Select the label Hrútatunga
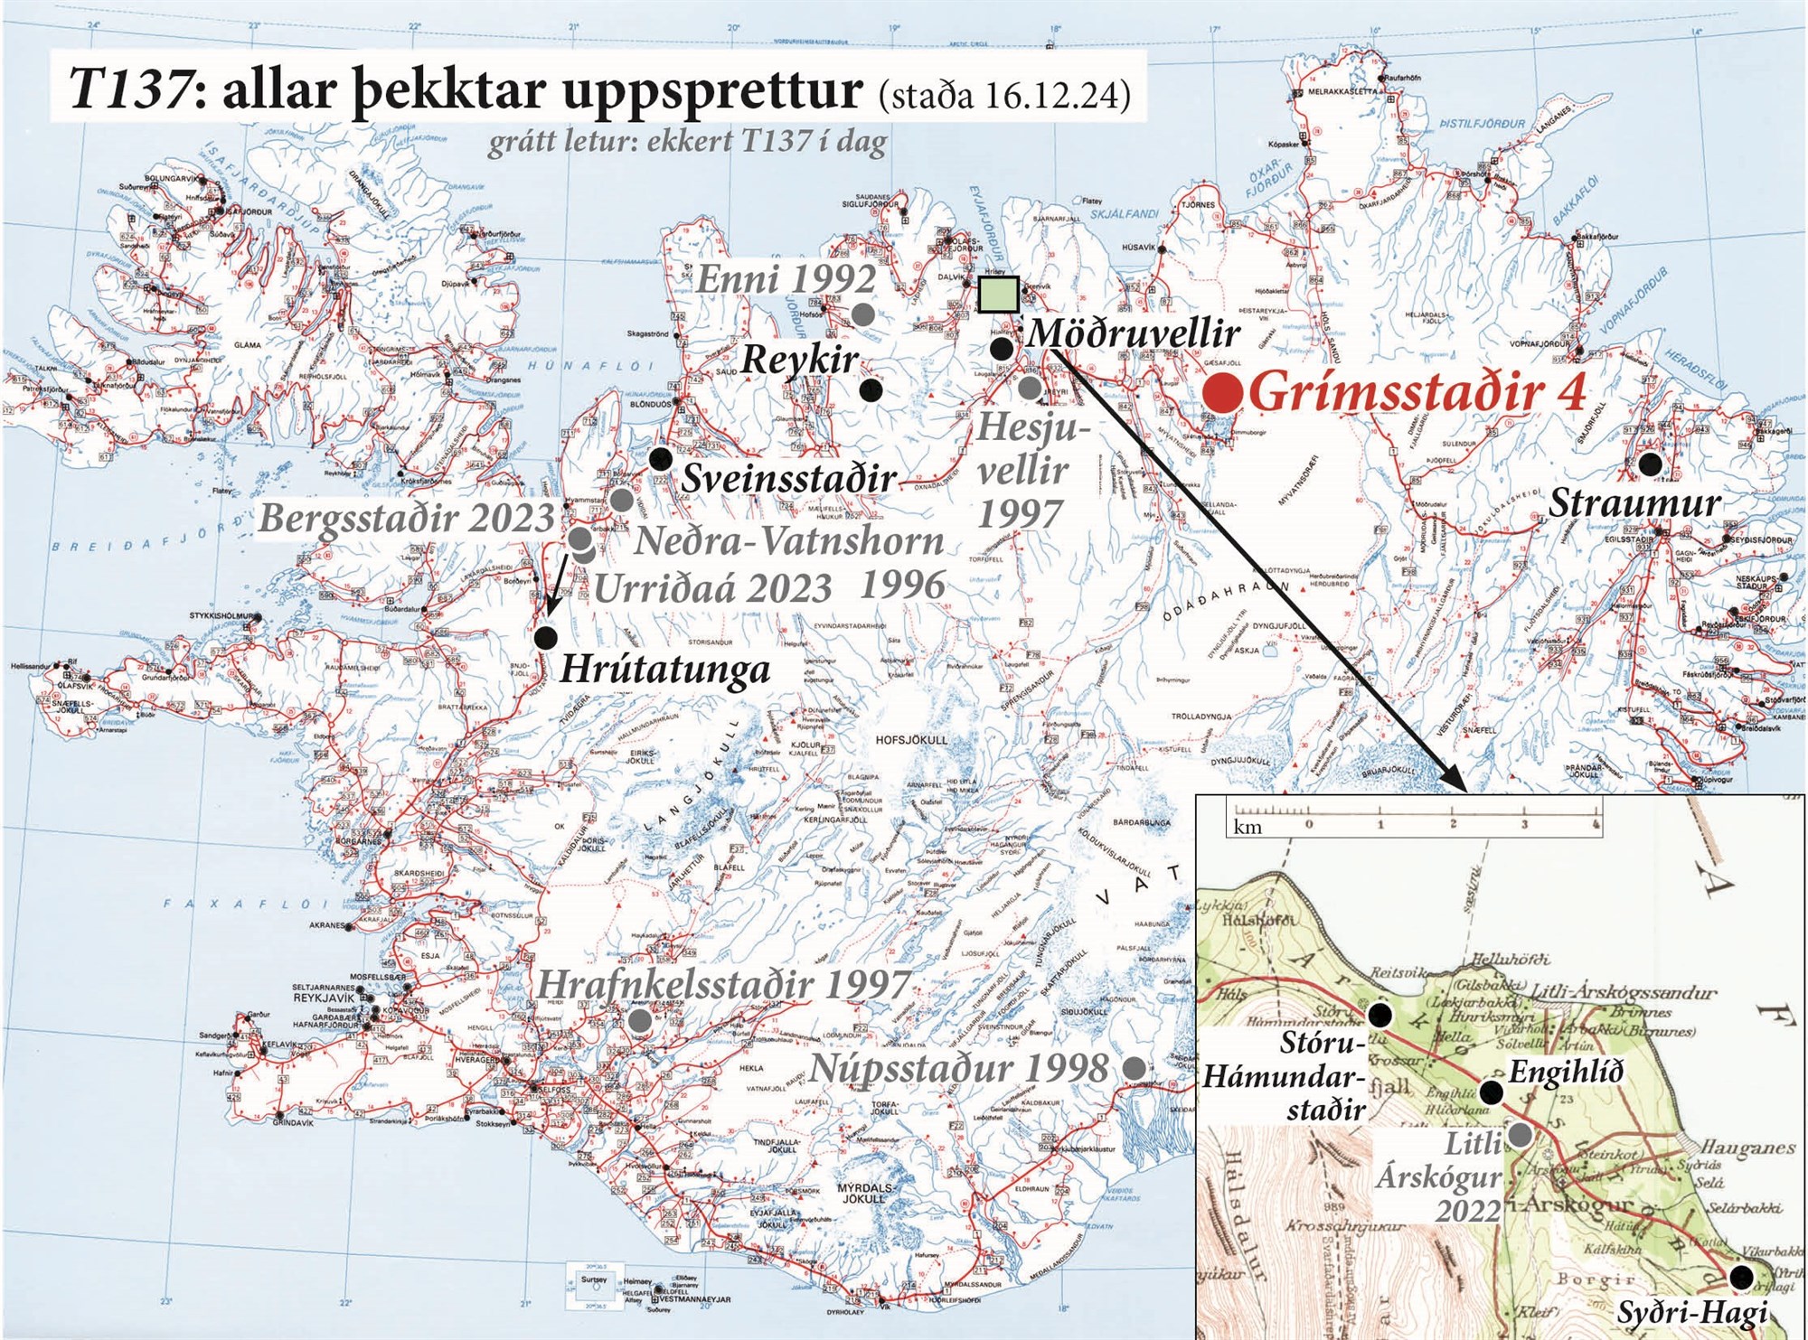point(665,670)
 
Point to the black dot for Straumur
point(1651,464)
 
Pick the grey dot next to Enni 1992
point(863,314)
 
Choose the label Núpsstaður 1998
point(959,1068)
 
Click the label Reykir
point(800,360)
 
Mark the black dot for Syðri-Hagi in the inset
point(1739,1277)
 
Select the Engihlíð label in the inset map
point(1567,1073)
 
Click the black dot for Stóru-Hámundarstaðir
point(1380,1016)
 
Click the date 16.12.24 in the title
point(1054,95)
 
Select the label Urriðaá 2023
point(713,589)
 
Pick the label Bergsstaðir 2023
point(406,519)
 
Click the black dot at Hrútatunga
point(545,637)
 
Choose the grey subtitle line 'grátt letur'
point(687,143)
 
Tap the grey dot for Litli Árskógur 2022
point(1521,1134)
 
